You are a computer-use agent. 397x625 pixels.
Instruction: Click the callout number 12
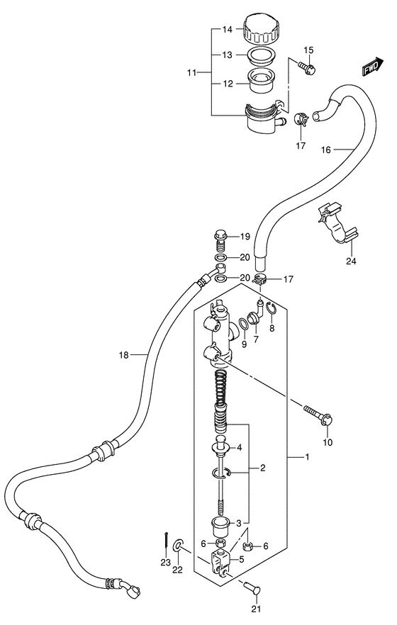(x=228, y=84)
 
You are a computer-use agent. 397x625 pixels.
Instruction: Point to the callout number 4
(x=240, y=447)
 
